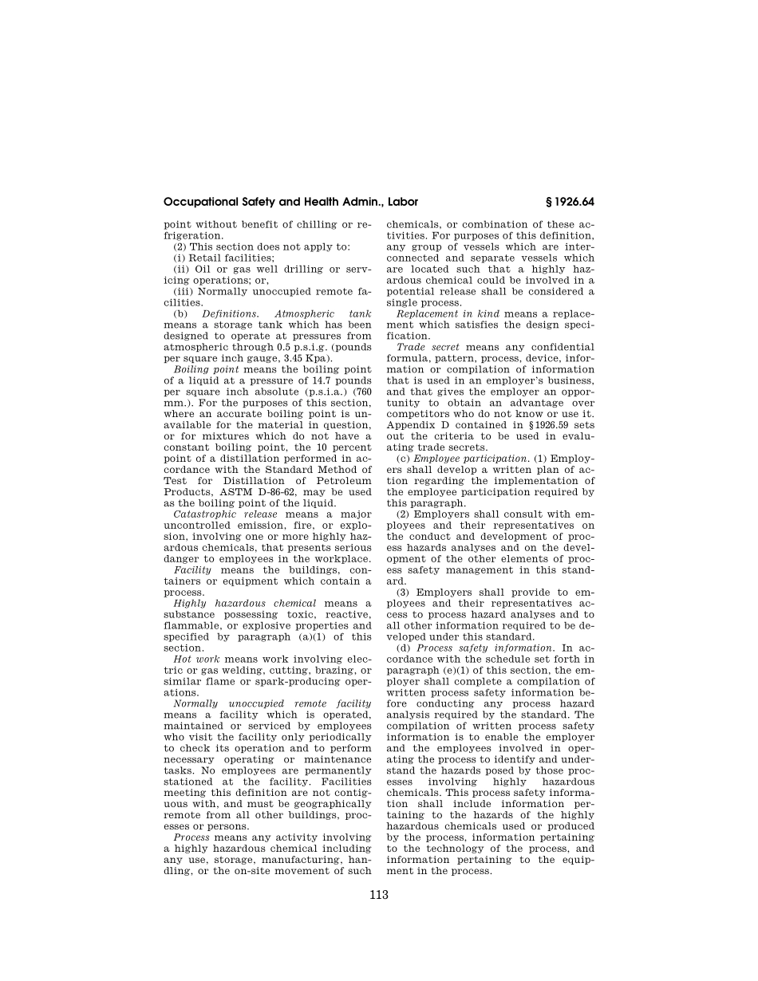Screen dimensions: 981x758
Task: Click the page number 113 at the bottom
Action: pos(379,895)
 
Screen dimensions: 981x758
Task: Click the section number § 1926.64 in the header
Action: pos(567,202)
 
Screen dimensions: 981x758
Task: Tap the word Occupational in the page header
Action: pos(200,202)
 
